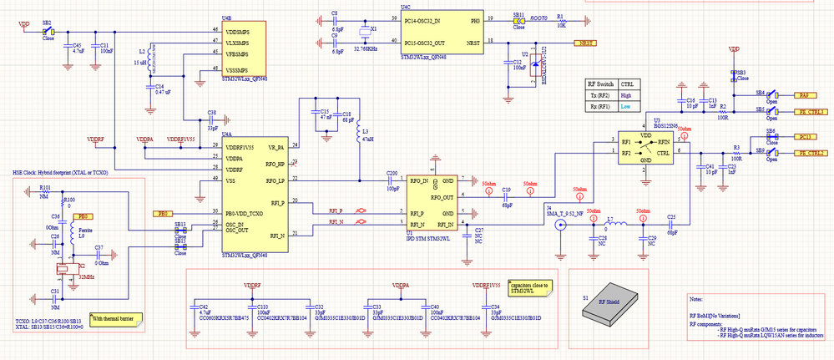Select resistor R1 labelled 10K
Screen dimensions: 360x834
coord(560,18)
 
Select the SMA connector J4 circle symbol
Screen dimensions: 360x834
coord(560,224)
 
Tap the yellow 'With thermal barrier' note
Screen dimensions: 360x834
coord(115,317)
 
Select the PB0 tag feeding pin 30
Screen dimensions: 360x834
coord(164,214)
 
